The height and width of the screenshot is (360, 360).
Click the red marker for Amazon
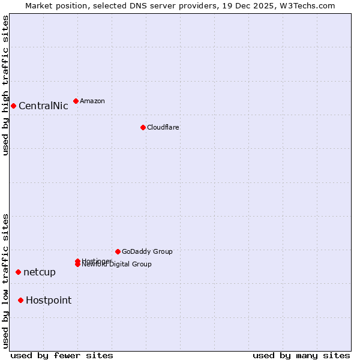76,101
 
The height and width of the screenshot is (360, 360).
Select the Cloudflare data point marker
143,127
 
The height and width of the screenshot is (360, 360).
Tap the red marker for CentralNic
13,106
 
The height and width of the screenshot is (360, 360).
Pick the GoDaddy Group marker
118,251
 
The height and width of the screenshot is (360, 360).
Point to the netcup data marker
18,272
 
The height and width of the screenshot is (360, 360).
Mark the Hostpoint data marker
20,300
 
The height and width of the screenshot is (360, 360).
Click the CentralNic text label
43,106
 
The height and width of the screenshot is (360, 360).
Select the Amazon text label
92,101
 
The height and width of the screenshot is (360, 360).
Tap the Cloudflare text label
163,127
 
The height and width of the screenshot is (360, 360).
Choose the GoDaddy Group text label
147,251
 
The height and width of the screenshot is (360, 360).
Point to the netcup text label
40,272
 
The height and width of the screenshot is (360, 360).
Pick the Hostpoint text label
49,300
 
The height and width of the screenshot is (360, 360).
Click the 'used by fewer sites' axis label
62,355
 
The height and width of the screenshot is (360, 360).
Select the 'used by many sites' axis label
301,355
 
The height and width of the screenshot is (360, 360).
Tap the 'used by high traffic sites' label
6,85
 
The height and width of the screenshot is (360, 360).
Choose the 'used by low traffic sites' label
6,280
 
